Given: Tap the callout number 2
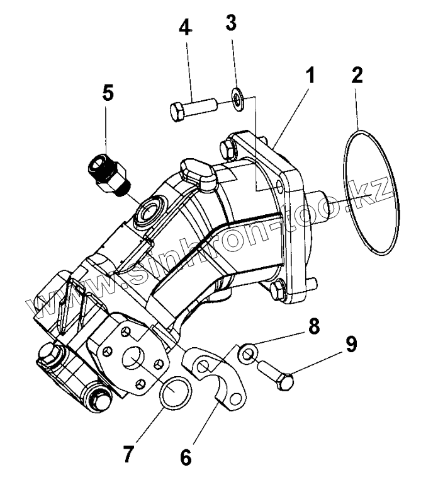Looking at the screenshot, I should [x=357, y=75].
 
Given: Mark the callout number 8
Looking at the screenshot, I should [x=313, y=328].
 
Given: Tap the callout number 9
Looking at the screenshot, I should [x=351, y=345].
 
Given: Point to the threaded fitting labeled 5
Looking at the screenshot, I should [x=110, y=172].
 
